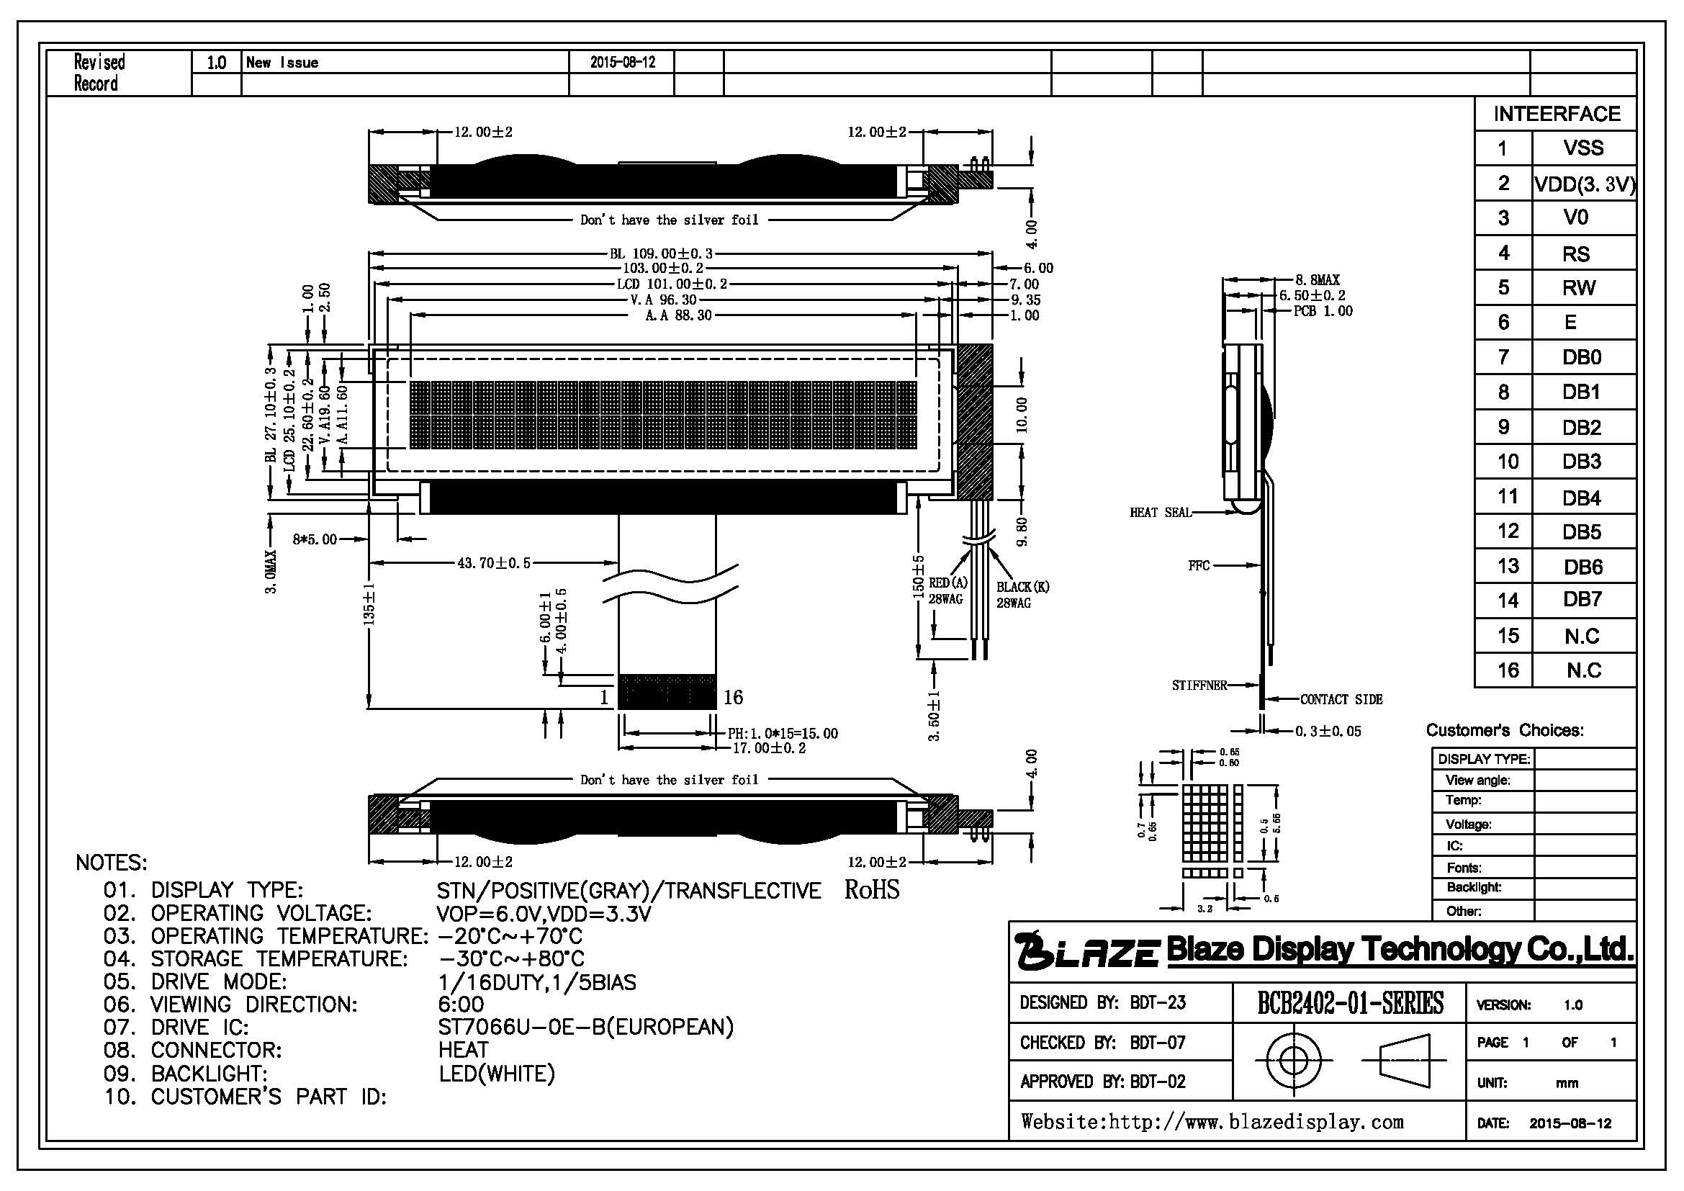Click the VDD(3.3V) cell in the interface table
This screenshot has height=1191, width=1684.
[1584, 184]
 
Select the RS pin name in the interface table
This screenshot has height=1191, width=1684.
[1575, 253]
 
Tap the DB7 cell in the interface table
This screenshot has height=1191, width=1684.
[1582, 600]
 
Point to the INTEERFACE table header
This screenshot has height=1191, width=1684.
[1557, 114]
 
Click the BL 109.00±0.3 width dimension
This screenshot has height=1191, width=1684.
[661, 253]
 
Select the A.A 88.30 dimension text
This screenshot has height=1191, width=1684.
[678, 315]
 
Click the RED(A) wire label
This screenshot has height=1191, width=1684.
[947, 583]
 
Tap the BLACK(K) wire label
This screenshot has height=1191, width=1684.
[1022, 587]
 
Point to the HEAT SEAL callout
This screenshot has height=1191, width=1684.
[1161, 513]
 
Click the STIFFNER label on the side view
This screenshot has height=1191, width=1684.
[1199, 686]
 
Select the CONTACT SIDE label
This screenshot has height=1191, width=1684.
[1341, 700]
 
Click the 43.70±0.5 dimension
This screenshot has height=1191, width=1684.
[493, 563]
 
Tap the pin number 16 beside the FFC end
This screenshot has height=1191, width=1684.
[734, 698]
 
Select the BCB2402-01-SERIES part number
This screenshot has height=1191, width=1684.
[1350, 1002]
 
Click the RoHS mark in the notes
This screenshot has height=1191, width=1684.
[871, 889]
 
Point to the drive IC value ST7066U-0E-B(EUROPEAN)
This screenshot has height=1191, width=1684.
[586, 1027]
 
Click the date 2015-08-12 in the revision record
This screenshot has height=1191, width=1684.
[622, 63]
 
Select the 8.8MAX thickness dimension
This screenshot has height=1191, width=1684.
[1318, 280]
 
